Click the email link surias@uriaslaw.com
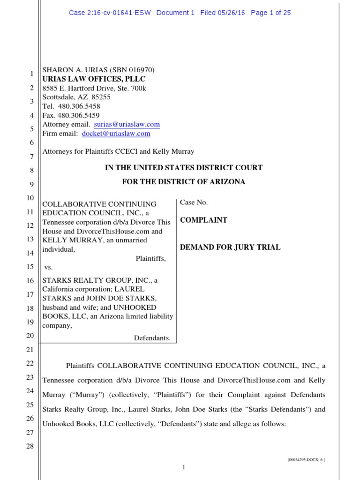pos(127,124)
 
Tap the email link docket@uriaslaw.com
pos(116,133)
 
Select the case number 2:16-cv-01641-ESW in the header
pos(110,13)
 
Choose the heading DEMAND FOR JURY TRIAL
pos(230,247)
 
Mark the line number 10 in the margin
pos(30,199)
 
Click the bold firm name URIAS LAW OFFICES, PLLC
pos(94,79)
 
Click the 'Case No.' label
pos(194,202)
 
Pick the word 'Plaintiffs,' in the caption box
pos(150,258)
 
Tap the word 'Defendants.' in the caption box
pos(152,337)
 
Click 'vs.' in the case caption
pos(47,267)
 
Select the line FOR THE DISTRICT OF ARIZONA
pos(183,182)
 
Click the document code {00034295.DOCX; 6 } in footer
pos(306,460)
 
